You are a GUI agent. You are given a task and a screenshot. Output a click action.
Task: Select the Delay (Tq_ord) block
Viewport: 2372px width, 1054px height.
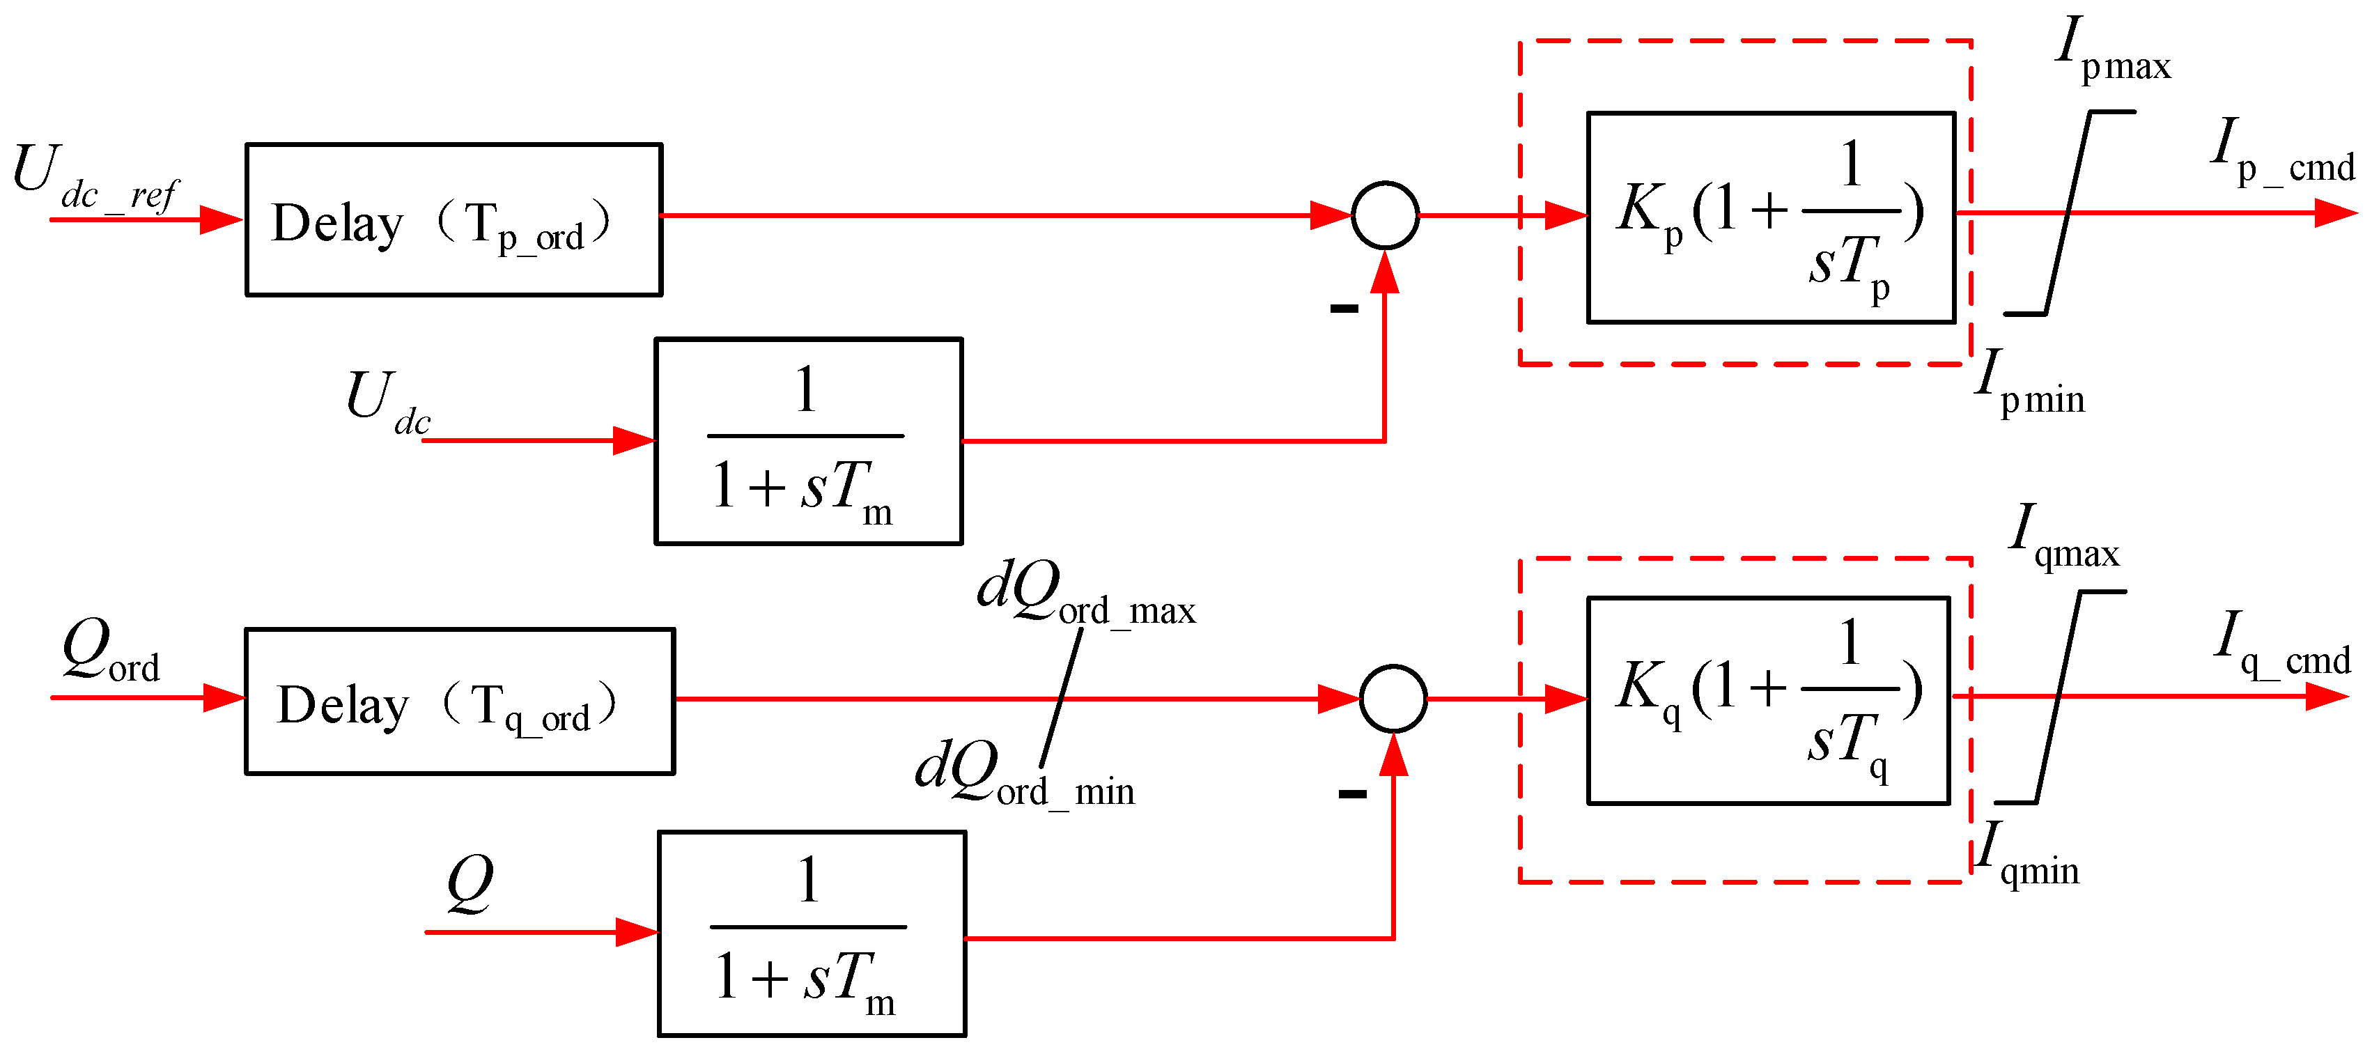460,702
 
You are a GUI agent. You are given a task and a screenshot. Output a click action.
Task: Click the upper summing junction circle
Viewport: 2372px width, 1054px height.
1385,215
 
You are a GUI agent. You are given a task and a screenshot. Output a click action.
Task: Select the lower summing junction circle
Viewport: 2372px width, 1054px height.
1393,699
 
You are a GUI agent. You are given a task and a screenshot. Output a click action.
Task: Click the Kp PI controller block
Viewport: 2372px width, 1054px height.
1770,218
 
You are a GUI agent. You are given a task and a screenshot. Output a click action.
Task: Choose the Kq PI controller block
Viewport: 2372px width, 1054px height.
1768,701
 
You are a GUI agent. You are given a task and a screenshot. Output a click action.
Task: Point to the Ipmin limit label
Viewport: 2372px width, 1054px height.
2029,383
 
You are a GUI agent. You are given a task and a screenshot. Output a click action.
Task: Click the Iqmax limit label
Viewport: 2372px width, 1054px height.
2063,538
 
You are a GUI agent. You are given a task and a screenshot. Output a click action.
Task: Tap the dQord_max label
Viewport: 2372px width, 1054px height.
1085,594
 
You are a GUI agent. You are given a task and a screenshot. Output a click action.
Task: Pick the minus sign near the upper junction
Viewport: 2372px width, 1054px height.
1344,309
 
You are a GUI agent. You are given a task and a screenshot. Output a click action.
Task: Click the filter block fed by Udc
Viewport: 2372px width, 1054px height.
807,441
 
